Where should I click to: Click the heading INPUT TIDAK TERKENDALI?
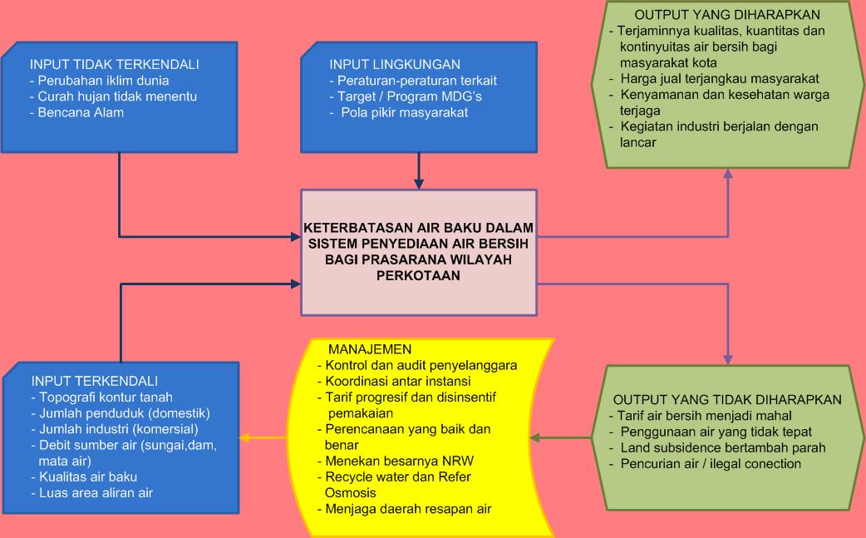click(115, 65)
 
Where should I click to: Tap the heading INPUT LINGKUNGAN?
click(395, 65)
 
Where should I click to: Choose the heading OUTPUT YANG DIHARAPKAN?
click(727, 15)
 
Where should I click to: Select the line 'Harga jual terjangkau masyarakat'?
click(720, 79)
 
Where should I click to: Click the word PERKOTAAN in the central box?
click(419, 274)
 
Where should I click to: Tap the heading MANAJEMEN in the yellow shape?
click(370, 348)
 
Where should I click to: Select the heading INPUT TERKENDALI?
click(95, 381)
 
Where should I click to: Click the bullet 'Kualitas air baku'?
click(87, 476)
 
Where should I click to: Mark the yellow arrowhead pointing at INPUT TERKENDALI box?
click(242, 437)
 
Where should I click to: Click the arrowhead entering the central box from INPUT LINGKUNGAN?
click(419, 184)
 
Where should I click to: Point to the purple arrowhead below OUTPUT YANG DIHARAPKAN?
click(728, 173)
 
